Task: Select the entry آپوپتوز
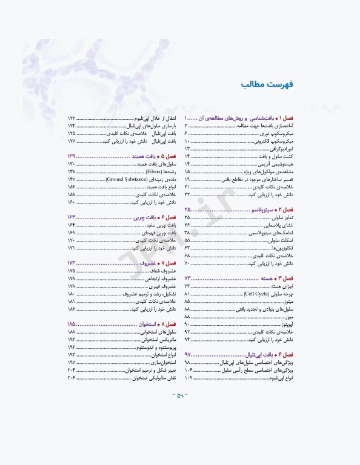(x=285, y=325)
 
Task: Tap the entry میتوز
(x=287, y=301)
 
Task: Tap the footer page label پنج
(x=180, y=395)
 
